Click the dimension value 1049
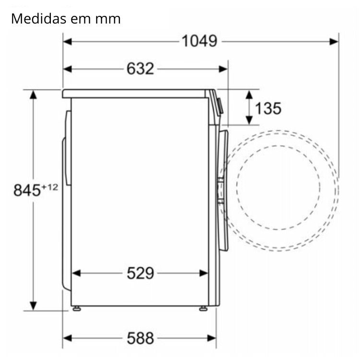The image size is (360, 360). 199,41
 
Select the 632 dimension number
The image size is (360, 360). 140,69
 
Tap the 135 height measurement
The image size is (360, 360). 268,108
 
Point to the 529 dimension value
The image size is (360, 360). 140,273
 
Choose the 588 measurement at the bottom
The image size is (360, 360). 140,338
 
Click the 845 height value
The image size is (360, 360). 27,191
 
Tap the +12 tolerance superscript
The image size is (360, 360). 49,187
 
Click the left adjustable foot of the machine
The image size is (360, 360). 77,309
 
